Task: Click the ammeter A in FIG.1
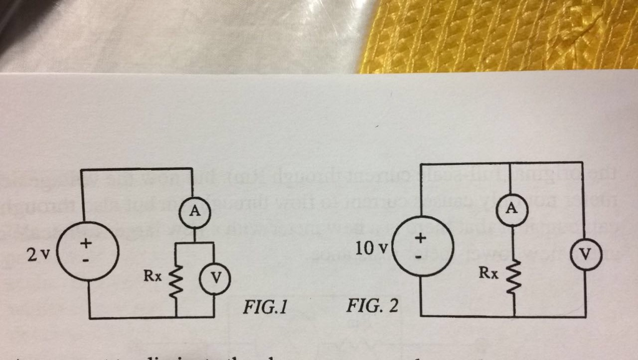pyautogui.click(x=195, y=212)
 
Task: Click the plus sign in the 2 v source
pyautogui.click(x=86, y=240)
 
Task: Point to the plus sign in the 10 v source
pyautogui.click(x=421, y=237)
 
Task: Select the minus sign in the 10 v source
pyautogui.click(x=421, y=256)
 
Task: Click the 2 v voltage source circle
pyautogui.click(x=86, y=250)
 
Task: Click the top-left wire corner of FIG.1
pyautogui.click(x=81, y=169)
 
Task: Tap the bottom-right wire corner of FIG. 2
pyautogui.click(x=586, y=316)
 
